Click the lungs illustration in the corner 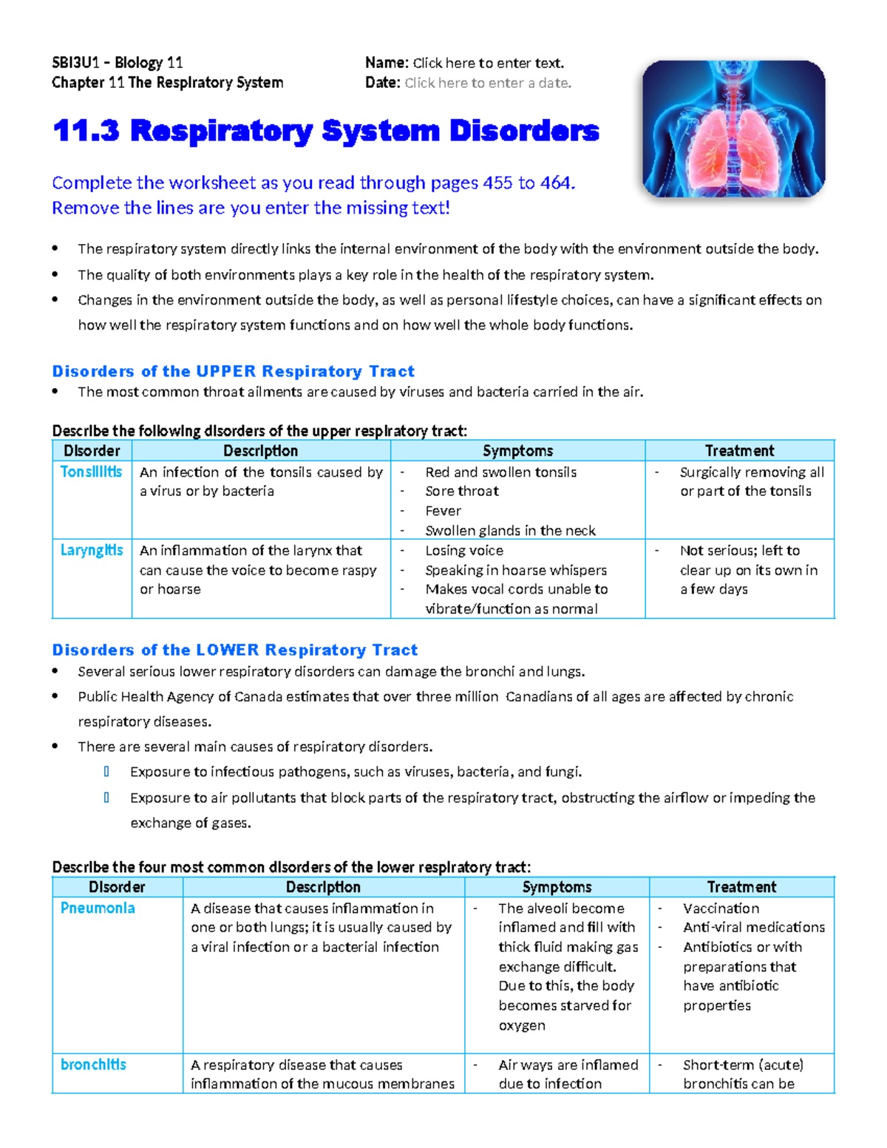[733, 129]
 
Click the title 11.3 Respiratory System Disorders [325, 131]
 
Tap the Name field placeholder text [488, 63]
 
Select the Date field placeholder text [488, 83]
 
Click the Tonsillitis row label [91, 472]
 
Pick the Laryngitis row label [92, 550]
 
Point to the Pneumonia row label [98, 908]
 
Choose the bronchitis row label [93, 1064]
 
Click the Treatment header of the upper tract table [739, 451]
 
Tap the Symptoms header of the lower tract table [557, 887]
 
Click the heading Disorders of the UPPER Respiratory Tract [233, 371]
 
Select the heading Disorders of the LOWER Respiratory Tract [234, 650]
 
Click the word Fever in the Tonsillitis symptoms [443, 511]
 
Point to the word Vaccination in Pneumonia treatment [721, 908]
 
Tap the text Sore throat [461, 491]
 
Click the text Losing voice [463, 551]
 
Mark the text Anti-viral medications [753, 927]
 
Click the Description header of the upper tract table [260, 451]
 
